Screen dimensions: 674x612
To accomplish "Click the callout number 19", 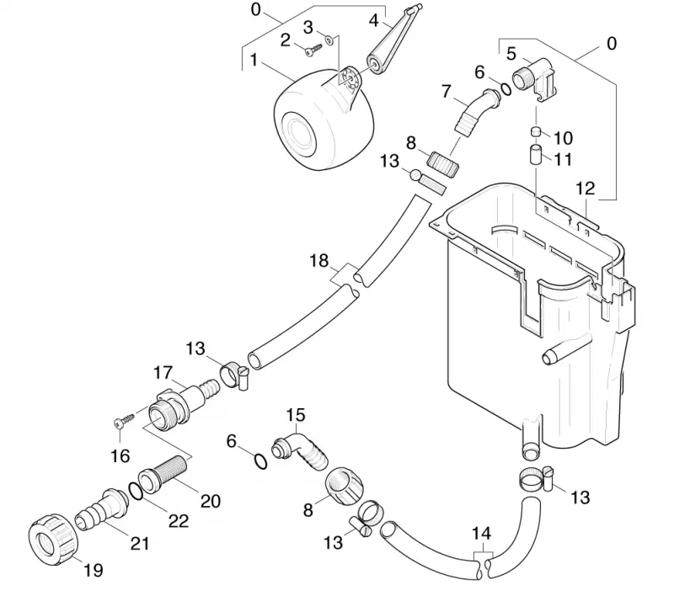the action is click(x=94, y=571).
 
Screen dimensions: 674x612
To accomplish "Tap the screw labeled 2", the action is click(x=313, y=51).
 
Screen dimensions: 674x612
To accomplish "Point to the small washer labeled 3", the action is click(x=329, y=40).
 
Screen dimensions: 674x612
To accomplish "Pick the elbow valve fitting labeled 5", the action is click(x=534, y=80).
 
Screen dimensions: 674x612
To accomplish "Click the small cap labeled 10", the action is click(x=536, y=131).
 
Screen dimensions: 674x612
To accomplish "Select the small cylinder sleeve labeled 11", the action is click(x=535, y=155).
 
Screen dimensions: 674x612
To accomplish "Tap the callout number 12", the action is click(x=585, y=188).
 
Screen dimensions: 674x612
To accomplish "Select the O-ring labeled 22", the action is click(x=136, y=492).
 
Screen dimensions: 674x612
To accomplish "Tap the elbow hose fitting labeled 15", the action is click(x=299, y=453).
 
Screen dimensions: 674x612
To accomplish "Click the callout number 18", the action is click(x=319, y=261).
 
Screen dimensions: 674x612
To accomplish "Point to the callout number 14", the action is click(x=481, y=534).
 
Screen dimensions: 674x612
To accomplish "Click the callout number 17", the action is click(x=163, y=372).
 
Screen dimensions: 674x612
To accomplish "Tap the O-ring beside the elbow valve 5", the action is click(x=506, y=88).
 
